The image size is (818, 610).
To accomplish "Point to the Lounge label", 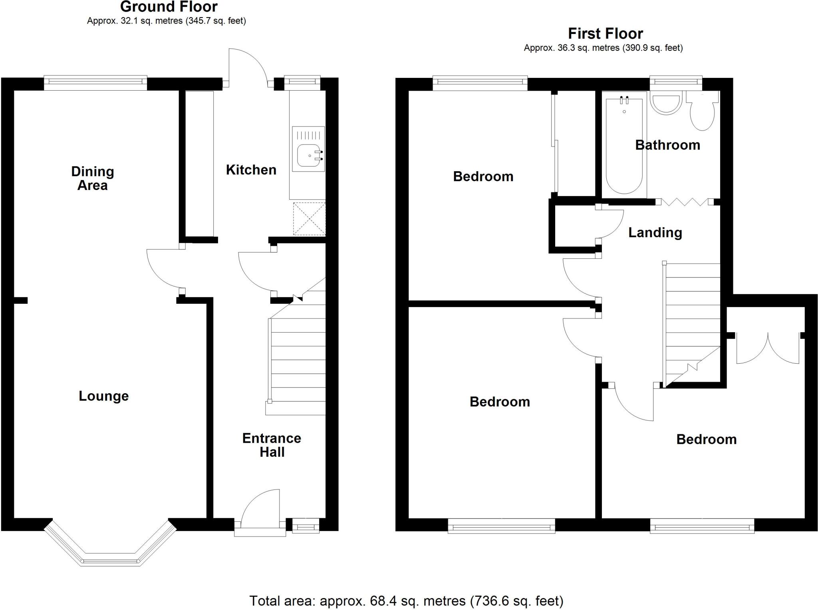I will pyautogui.click(x=103, y=396).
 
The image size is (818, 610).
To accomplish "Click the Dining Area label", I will pyautogui.click(x=92, y=178).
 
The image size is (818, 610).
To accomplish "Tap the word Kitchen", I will pyautogui.click(x=251, y=170).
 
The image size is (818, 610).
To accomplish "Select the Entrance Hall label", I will pyautogui.click(x=272, y=445).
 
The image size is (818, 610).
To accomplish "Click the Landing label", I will pyautogui.click(x=655, y=232).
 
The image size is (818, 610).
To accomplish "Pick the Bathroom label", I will pyautogui.click(x=667, y=145).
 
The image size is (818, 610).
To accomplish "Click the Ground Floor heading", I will pyautogui.click(x=169, y=7).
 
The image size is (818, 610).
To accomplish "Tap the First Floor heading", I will pyautogui.click(x=605, y=34).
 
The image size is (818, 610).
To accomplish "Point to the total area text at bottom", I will pyautogui.click(x=406, y=600).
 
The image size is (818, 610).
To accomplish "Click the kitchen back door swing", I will pyautogui.click(x=248, y=66).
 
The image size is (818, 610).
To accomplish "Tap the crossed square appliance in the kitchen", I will pyautogui.click(x=309, y=219).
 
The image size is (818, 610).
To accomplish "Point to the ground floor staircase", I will pyautogui.click(x=298, y=359).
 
